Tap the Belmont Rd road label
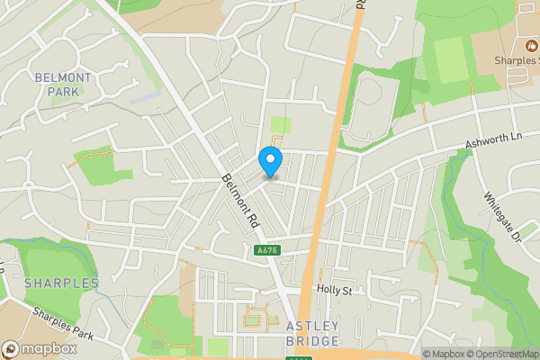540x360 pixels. pyautogui.click(x=240, y=199)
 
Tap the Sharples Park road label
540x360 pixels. pyautogui.click(x=64, y=323)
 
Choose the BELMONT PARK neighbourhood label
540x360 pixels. pyautogui.click(x=63, y=85)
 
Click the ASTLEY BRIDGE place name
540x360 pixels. pyautogui.click(x=312, y=332)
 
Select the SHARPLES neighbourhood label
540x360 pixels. pyautogui.click(x=61, y=283)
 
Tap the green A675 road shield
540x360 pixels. pyautogui.click(x=265, y=250)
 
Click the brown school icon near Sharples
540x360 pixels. pyautogui.click(x=530, y=44)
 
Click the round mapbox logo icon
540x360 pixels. pyautogui.click(x=11, y=349)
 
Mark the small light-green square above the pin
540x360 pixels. pyautogui.click(x=282, y=125)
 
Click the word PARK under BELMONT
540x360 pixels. pyautogui.click(x=63, y=92)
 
